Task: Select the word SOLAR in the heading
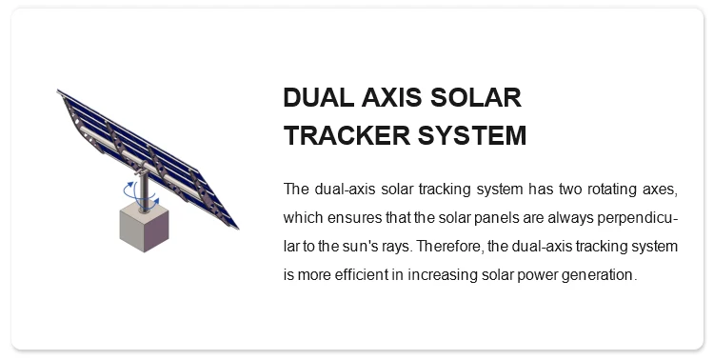point(478,99)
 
